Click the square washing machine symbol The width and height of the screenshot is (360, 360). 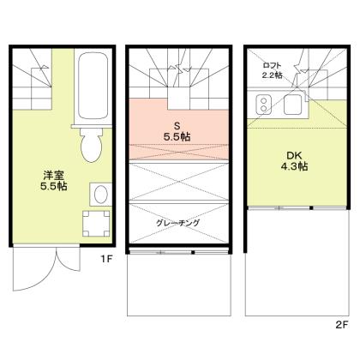click(x=95, y=224)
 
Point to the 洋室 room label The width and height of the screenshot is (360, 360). click(x=54, y=177)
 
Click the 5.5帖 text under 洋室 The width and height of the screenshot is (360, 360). click(x=54, y=189)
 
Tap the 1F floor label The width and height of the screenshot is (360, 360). click(x=105, y=256)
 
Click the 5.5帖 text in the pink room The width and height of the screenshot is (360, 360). click(x=177, y=136)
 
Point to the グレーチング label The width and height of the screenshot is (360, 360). click(x=177, y=223)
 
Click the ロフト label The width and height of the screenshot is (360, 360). click(x=273, y=65)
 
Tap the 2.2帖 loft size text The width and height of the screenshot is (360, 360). click(x=273, y=75)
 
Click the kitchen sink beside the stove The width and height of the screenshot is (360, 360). click(x=292, y=106)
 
